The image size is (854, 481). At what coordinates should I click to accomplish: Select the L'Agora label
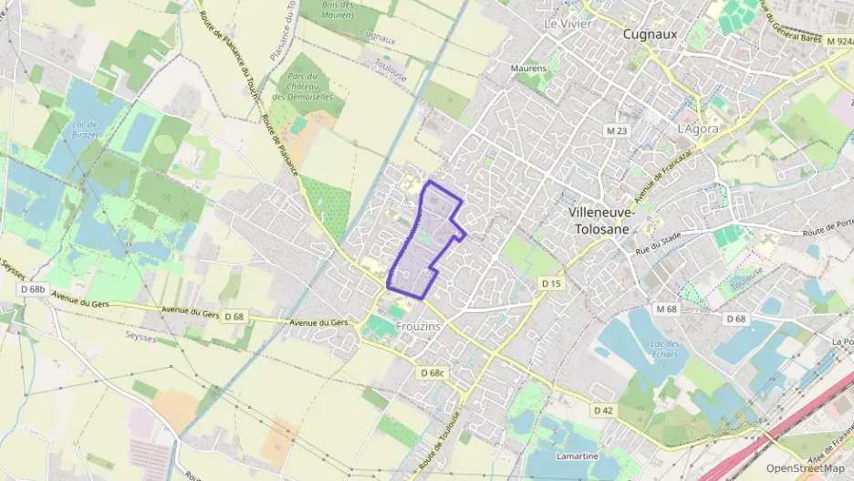[698, 129]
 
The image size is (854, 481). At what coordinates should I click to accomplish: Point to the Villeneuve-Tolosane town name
[599, 220]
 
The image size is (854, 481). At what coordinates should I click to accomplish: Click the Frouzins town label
[419, 326]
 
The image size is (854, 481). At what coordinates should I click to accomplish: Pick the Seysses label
[139, 337]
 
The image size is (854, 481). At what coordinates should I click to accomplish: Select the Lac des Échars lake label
[665, 349]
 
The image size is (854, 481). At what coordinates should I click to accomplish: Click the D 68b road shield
[32, 289]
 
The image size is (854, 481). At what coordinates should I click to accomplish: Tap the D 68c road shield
[432, 373]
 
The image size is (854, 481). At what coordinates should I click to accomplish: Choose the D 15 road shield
[551, 284]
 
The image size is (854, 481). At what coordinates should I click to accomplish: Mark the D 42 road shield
[603, 411]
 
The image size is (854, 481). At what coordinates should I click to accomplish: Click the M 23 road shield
[618, 131]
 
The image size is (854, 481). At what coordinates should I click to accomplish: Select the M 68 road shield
[666, 308]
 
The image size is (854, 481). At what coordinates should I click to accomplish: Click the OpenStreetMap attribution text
[806, 468]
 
